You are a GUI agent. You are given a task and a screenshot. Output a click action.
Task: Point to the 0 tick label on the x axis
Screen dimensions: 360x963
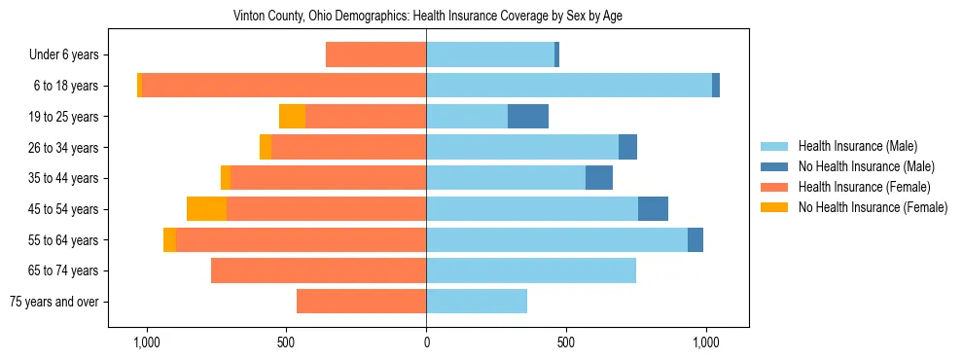click(426, 342)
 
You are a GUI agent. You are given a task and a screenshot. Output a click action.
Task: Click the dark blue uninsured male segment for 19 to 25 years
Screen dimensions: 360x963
click(528, 117)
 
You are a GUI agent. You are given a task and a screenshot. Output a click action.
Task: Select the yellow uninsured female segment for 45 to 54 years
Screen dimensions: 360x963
click(206, 209)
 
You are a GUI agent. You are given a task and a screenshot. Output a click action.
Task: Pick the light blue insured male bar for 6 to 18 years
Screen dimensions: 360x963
click(569, 86)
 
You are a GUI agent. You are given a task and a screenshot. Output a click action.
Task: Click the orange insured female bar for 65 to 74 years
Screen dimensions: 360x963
click(318, 270)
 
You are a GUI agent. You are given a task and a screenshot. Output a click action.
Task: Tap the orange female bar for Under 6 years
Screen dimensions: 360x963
click(375, 55)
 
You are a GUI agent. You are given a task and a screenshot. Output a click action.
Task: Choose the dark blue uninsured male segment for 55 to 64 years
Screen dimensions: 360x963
click(695, 240)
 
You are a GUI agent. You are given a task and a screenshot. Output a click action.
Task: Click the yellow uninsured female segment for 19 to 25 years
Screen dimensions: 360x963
click(292, 117)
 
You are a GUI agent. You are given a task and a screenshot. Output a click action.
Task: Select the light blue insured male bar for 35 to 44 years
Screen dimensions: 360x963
click(506, 178)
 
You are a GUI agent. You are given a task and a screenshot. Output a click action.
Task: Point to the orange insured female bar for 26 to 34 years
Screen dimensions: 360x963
click(348, 148)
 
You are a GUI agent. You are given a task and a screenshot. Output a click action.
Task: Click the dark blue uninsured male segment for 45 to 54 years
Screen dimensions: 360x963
click(653, 209)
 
